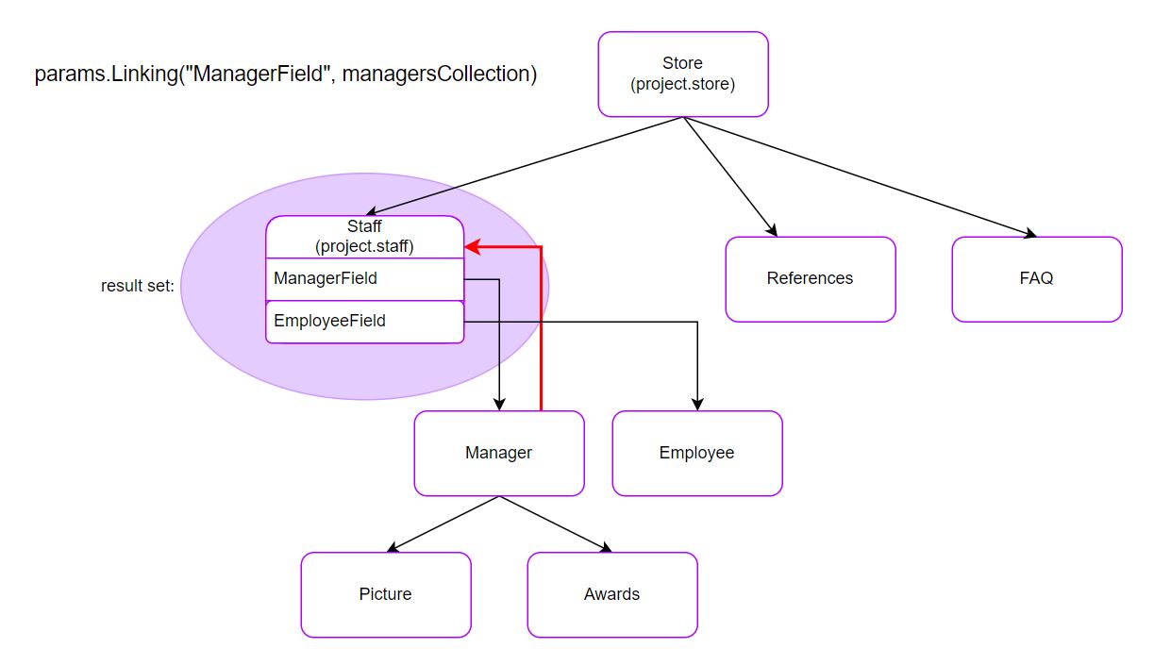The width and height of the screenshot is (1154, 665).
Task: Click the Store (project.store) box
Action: tap(682, 75)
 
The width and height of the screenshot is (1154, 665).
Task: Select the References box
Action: tap(810, 278)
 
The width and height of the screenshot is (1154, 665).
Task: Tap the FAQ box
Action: tap(1036, 278)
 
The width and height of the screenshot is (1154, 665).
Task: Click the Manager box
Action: tap(498, 453)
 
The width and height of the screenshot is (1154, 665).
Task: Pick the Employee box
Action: tap(696, 453)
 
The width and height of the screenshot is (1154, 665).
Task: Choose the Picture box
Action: tap(385, 594)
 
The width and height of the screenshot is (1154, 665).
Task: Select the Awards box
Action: tap(611, 594)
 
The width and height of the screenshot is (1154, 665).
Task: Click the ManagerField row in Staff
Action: tap(364, 279)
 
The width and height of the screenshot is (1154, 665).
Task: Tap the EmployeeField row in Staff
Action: tap(364, 322)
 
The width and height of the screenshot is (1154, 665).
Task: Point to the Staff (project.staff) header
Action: tap(364, 237)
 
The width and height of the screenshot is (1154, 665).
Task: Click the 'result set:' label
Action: tap(138, 286)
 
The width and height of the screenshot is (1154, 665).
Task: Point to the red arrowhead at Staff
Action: tap(472, 247)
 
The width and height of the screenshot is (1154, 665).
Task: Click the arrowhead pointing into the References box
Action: tap(771, 231)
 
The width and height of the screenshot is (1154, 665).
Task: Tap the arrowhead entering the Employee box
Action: tap(697, 405)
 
